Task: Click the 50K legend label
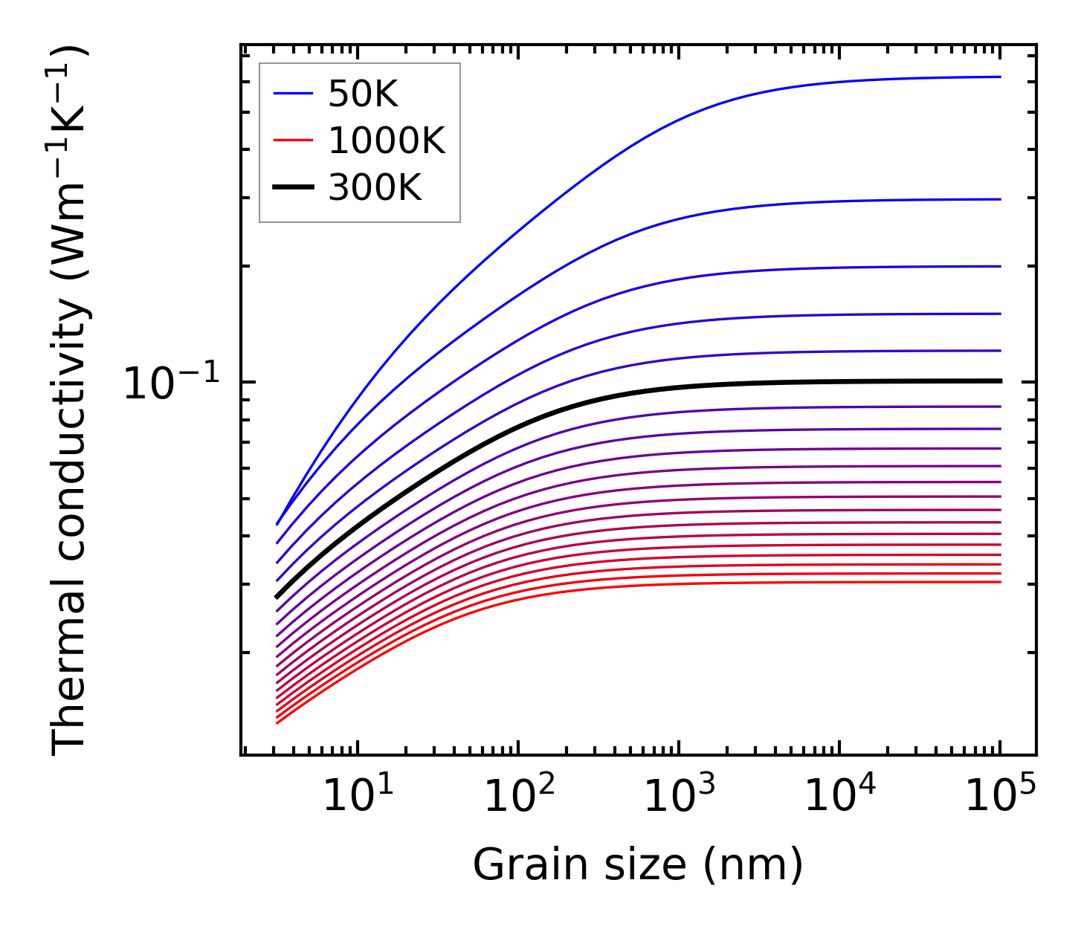(x=363, y=94)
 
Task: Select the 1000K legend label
(x=386, y=141)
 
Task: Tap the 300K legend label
(x=375, y=188)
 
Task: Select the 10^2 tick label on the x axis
(x=518, y=797)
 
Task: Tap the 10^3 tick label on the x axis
(x=679, y=797)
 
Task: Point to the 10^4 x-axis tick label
(x=839, y=797)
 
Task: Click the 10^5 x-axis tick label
(x=1000, y=797)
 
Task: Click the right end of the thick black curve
(x=1001, y=381)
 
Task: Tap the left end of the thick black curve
(x=277, y=596)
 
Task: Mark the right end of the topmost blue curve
(x=1001, y=77)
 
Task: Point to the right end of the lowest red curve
(x=1001, y=581)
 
